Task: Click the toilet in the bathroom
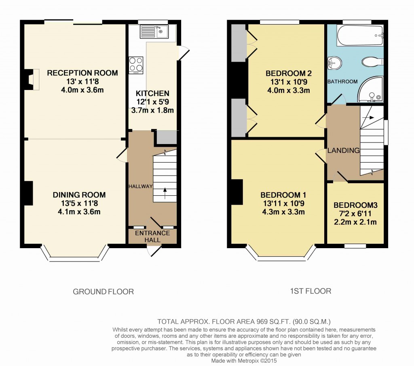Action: tap(372, 62)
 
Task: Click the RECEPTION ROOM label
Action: tap(82, 73)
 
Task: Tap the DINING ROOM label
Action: tap(79, 195)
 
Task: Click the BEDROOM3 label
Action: tap(355, 205)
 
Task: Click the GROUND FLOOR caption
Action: tap(103, 291)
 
